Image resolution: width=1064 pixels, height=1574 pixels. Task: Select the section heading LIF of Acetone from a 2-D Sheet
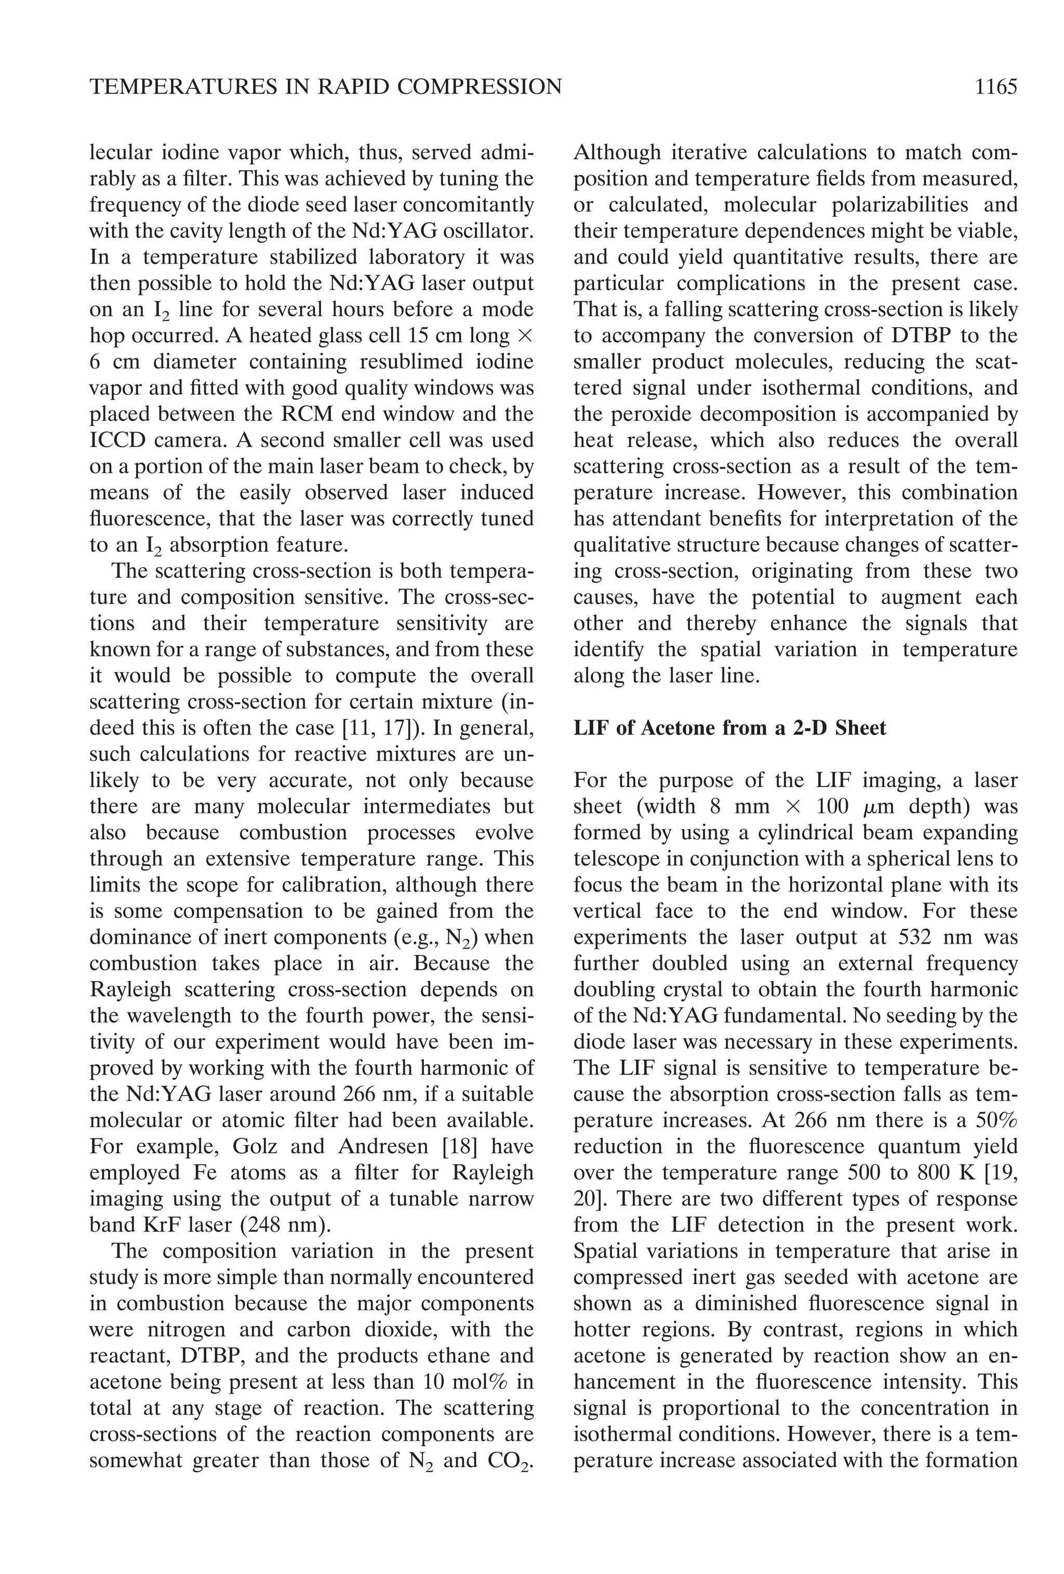[729, 728]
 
